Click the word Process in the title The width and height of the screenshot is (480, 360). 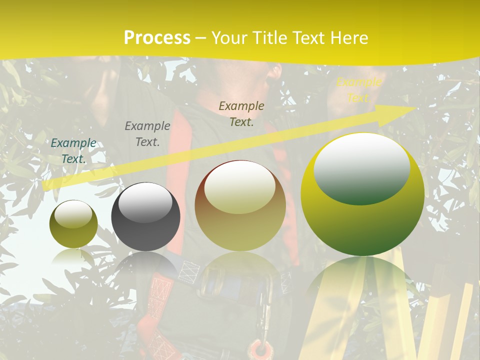coord(157,38)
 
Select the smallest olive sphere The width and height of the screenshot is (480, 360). coord(73,224)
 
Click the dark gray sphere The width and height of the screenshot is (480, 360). coord(145,216)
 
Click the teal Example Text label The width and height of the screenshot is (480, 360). coord(73,151)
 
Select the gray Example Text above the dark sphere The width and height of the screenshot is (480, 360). coord(147,134)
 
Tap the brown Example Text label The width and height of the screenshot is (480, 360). coord(241,113)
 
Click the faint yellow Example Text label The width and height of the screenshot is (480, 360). coord(358,90)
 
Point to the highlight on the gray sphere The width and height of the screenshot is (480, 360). coord(145,202)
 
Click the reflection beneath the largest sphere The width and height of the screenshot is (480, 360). coord(362,285)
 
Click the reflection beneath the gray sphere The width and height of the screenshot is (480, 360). coord(145,265)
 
